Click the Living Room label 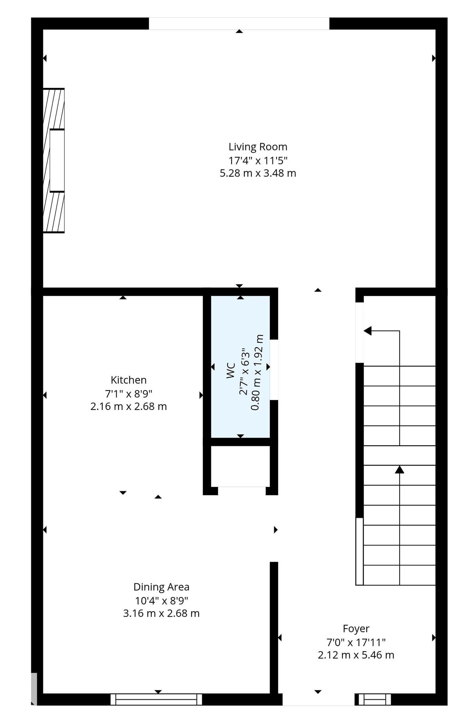pos(258,147)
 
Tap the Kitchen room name pos(129,380)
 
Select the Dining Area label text pos(161,587)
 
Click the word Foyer pos(356,629)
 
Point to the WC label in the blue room pos(231,371)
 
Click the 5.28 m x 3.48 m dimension pos(258,173)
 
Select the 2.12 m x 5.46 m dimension pos(356,655)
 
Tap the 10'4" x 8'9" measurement pos(161,600)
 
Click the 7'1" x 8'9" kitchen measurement pos(129,394)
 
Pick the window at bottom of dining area pos(156,699)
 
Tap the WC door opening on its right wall pos(274,370)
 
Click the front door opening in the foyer pos(318,699)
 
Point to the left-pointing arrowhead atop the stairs pos(367,331)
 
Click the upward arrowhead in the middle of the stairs pos(399,469)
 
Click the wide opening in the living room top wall pos(239,23)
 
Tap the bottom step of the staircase pos(399,575)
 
